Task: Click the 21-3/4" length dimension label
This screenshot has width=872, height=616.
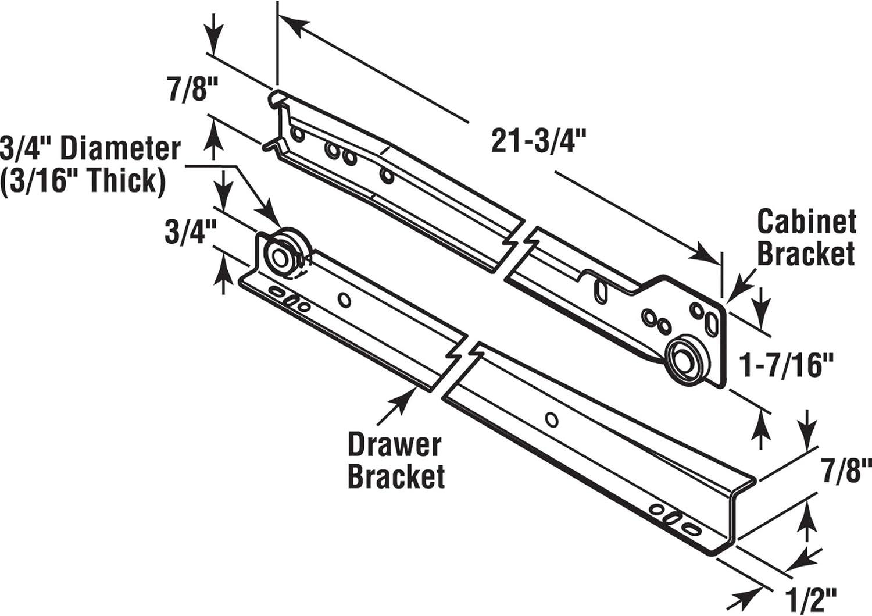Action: tap(538, 141)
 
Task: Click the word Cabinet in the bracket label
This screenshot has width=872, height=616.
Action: tap(806, 222)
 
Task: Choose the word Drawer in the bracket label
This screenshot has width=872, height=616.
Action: tap(394, 445)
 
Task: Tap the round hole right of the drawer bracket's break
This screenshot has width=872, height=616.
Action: tap(551, 419)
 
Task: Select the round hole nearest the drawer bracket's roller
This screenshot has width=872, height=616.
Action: tap(344, 300)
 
